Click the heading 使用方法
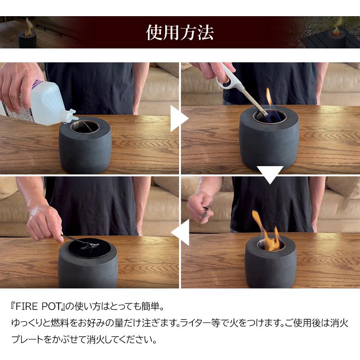[x=180, y=32]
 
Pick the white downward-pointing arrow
[x=270, y=175]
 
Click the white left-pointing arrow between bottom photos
[x=180, y=232]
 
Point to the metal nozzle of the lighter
[x=255, y=102]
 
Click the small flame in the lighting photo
[x=269, y=96]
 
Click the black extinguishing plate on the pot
[x=89, y=248]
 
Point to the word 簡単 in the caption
[x=150, y=307]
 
